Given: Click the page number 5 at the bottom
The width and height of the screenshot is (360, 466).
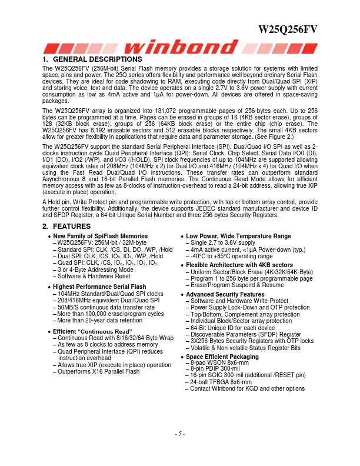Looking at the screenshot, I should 180,434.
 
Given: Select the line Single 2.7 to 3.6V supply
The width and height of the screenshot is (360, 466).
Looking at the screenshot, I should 223,242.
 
